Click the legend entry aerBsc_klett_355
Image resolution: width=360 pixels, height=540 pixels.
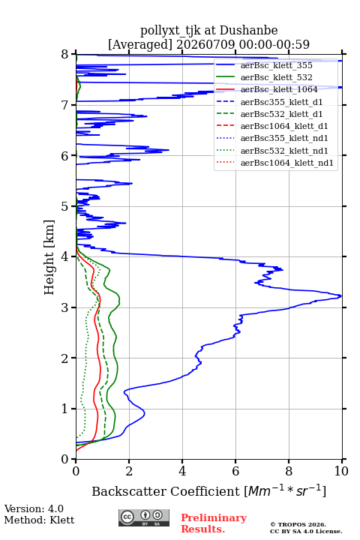[276, 65]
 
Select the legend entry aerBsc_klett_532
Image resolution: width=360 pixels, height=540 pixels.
[276, 77]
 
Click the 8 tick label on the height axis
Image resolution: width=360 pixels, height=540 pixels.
[64, 55]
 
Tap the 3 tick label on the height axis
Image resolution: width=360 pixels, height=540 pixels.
[64, 307]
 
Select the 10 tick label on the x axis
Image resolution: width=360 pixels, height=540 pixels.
[341, 471]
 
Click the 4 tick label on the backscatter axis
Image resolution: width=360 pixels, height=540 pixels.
[182, 471]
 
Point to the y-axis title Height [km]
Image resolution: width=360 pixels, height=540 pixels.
[49, 257]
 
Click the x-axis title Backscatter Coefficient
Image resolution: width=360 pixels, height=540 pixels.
[166, 491]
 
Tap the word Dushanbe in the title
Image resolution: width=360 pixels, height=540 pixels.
[248, 31]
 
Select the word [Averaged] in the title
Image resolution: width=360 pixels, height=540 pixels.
[140, 44]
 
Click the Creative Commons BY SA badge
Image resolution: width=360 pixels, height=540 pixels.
[144, 518]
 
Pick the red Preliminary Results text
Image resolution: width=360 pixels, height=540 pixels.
[214, 523]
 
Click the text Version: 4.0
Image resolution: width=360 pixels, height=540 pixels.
[34, 509]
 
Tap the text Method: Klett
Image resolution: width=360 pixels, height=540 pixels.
[39, 520]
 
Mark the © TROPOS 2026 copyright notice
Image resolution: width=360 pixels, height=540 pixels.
[298, 524]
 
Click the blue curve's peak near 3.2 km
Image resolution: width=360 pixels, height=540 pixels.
[340, 295]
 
